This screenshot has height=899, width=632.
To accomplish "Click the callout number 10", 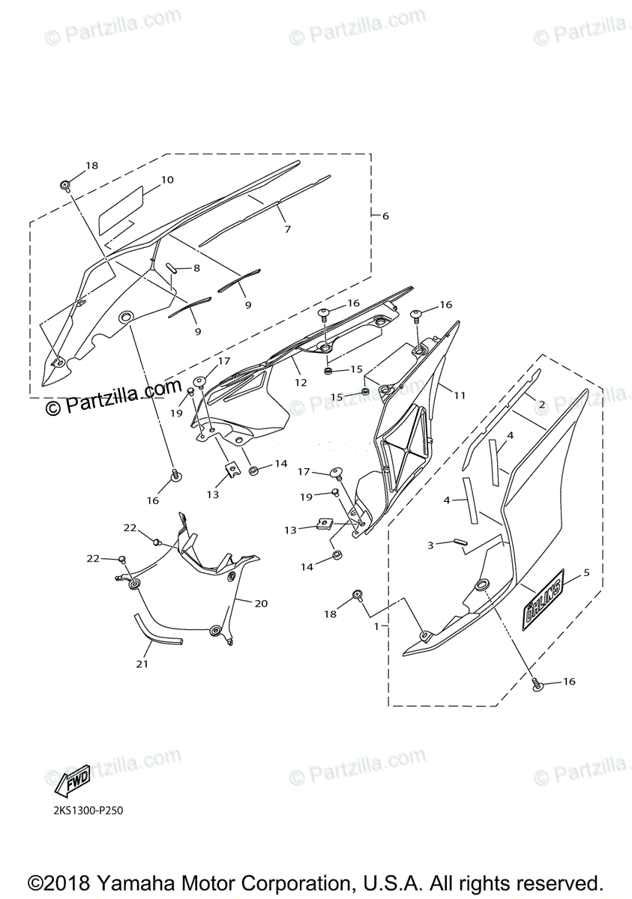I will pos(167,180).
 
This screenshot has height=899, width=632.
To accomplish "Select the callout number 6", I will pos(385,216).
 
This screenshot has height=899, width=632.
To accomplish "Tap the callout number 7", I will pos(287,229).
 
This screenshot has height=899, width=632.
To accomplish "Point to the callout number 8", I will pos(196,267).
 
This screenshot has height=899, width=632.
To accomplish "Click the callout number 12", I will pos(300,382).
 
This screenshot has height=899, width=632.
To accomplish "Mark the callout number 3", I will pos(430,545).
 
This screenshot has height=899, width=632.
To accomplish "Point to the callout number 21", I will pos(142,664).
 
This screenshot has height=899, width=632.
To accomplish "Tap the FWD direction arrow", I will pos(73,782).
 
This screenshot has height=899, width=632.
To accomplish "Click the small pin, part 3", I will pos(457,542).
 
